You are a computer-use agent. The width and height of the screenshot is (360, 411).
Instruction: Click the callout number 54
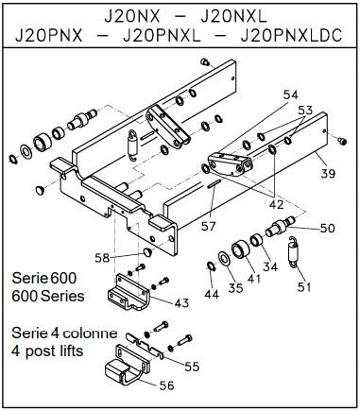291,94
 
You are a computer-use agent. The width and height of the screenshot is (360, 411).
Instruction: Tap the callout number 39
328,173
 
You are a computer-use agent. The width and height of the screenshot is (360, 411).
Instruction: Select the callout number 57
208,226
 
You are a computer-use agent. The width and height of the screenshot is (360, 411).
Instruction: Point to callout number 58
102,258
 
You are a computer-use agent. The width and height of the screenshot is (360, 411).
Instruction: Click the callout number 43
181,302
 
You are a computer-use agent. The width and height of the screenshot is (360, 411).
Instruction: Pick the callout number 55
192,367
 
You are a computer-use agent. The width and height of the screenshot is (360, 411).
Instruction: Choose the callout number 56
166,385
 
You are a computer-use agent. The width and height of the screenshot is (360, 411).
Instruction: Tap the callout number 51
304,287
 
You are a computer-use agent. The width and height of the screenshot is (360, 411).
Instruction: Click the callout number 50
328,228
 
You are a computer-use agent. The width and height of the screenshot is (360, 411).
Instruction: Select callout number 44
212,295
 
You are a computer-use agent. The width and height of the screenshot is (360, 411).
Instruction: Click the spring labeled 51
294,252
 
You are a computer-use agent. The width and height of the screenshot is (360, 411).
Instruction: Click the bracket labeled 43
129,293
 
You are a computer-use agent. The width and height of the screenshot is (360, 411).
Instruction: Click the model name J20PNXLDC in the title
291,36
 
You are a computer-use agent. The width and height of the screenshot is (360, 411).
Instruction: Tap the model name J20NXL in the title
233,17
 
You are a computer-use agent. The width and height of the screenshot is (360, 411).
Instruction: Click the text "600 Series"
48,296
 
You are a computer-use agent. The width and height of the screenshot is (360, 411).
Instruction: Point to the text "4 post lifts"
47,351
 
